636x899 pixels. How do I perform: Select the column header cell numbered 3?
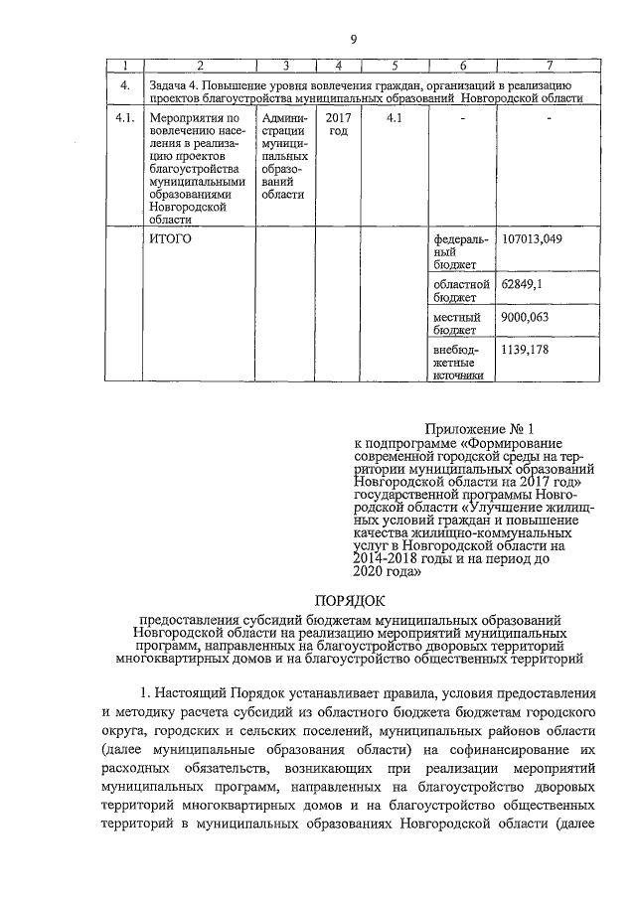pyautogui.click(x=285, y=66)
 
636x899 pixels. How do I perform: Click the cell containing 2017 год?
pyautogui.click(x=338, y=125)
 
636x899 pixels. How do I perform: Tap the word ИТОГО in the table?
pyautogui.click(x=169, y=240)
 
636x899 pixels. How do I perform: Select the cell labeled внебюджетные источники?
pyautogui.click(x=458, y=363)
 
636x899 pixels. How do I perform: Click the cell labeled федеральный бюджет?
pyautogui.click(x=459, y=252)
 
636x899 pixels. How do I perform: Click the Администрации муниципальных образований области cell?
pyautogui.click(x=284, y=156)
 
